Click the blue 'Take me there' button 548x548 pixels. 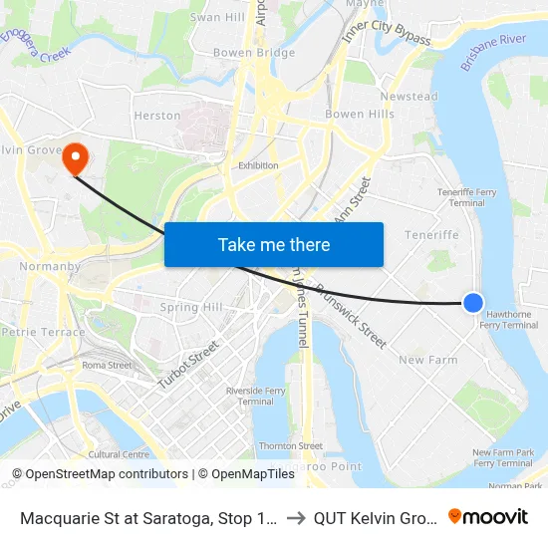(274, 244)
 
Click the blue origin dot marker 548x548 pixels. (473, 303)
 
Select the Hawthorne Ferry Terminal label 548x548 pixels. (509, 319)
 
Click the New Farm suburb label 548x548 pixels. (427, 360)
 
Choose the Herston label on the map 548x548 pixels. (157, 116)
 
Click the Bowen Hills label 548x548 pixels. (360, 115)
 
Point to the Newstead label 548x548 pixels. (409, 97)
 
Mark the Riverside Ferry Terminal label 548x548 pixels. (250, 396)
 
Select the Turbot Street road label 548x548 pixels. (189, 365)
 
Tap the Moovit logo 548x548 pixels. (488, 516)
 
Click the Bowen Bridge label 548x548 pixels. (254, 53)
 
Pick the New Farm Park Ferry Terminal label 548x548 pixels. (503, 457)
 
